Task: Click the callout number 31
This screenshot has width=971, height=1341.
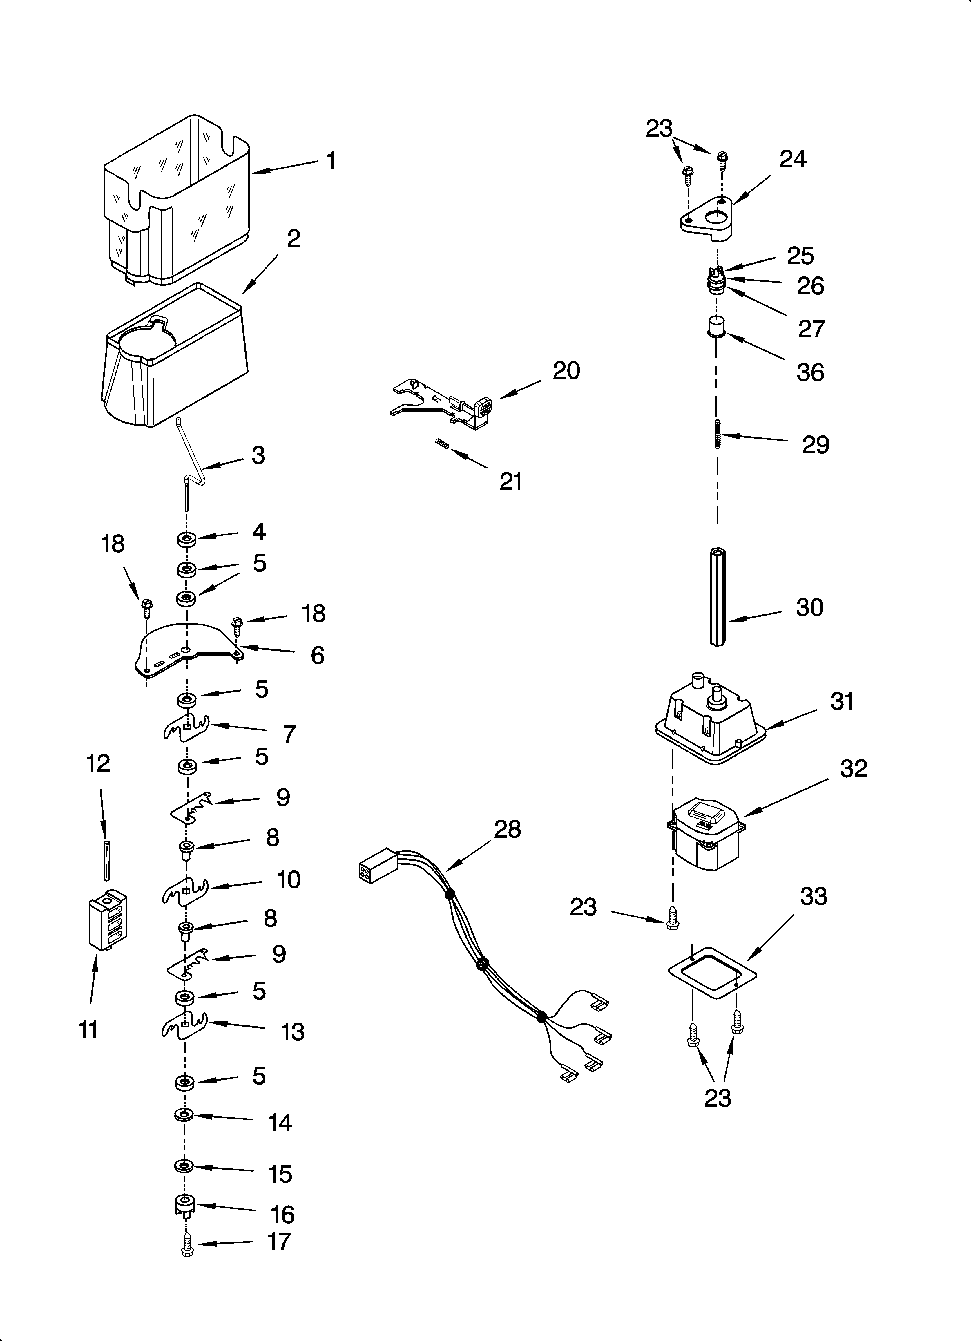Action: coord(841,701)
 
